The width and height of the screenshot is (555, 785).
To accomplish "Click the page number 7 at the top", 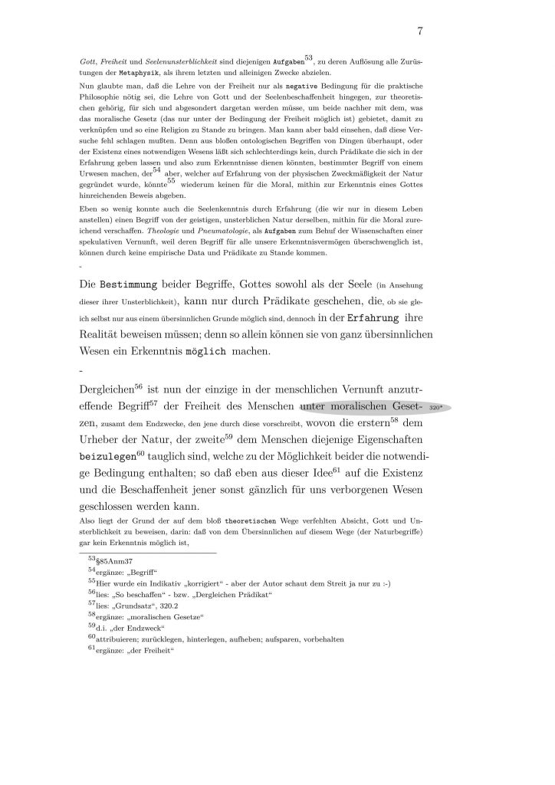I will coord(421,31).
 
